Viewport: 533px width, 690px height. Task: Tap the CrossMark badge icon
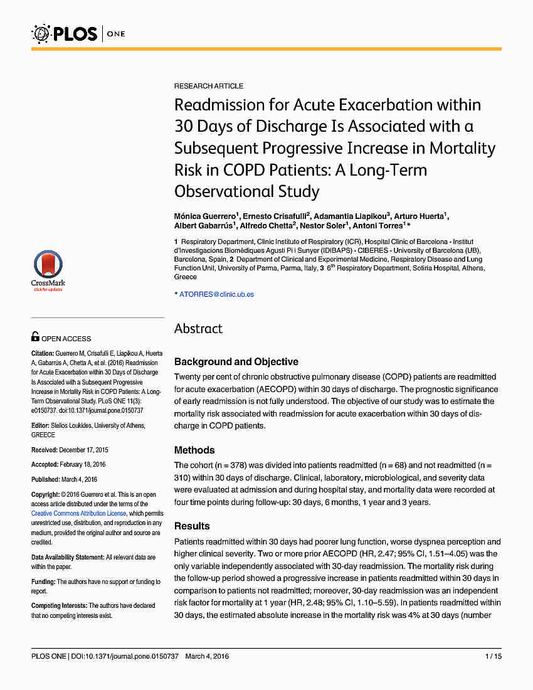48,267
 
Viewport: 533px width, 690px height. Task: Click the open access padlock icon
35,337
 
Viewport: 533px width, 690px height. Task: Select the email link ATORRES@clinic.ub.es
216,294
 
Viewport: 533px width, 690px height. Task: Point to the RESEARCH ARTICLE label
209,86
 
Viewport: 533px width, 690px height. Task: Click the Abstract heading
198,329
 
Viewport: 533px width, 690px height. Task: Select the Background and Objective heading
236,362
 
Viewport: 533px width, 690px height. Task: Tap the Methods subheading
194,450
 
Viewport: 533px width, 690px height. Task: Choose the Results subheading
192,526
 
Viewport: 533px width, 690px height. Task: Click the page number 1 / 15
493,656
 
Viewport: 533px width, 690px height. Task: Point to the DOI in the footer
125,656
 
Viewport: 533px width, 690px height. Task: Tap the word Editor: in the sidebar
40,426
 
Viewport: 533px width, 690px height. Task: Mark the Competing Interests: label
59,606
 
